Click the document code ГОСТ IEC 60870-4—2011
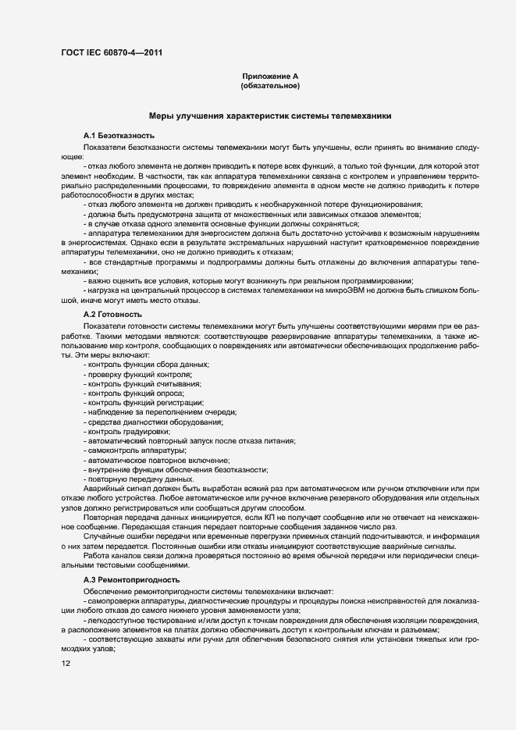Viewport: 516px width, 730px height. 112,53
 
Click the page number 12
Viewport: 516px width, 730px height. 66,664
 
